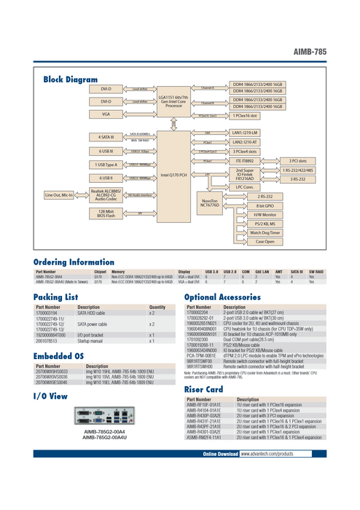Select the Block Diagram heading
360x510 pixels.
(71, 79)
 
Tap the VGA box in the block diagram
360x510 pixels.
(106, 114)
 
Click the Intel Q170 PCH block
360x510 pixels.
(173, 176)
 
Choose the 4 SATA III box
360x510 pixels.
(106, 137)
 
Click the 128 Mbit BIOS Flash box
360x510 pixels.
(106, 212)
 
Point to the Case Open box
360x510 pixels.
(265, 240)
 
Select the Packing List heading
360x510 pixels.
(56, 298)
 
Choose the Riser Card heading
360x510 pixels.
(204, 390)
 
